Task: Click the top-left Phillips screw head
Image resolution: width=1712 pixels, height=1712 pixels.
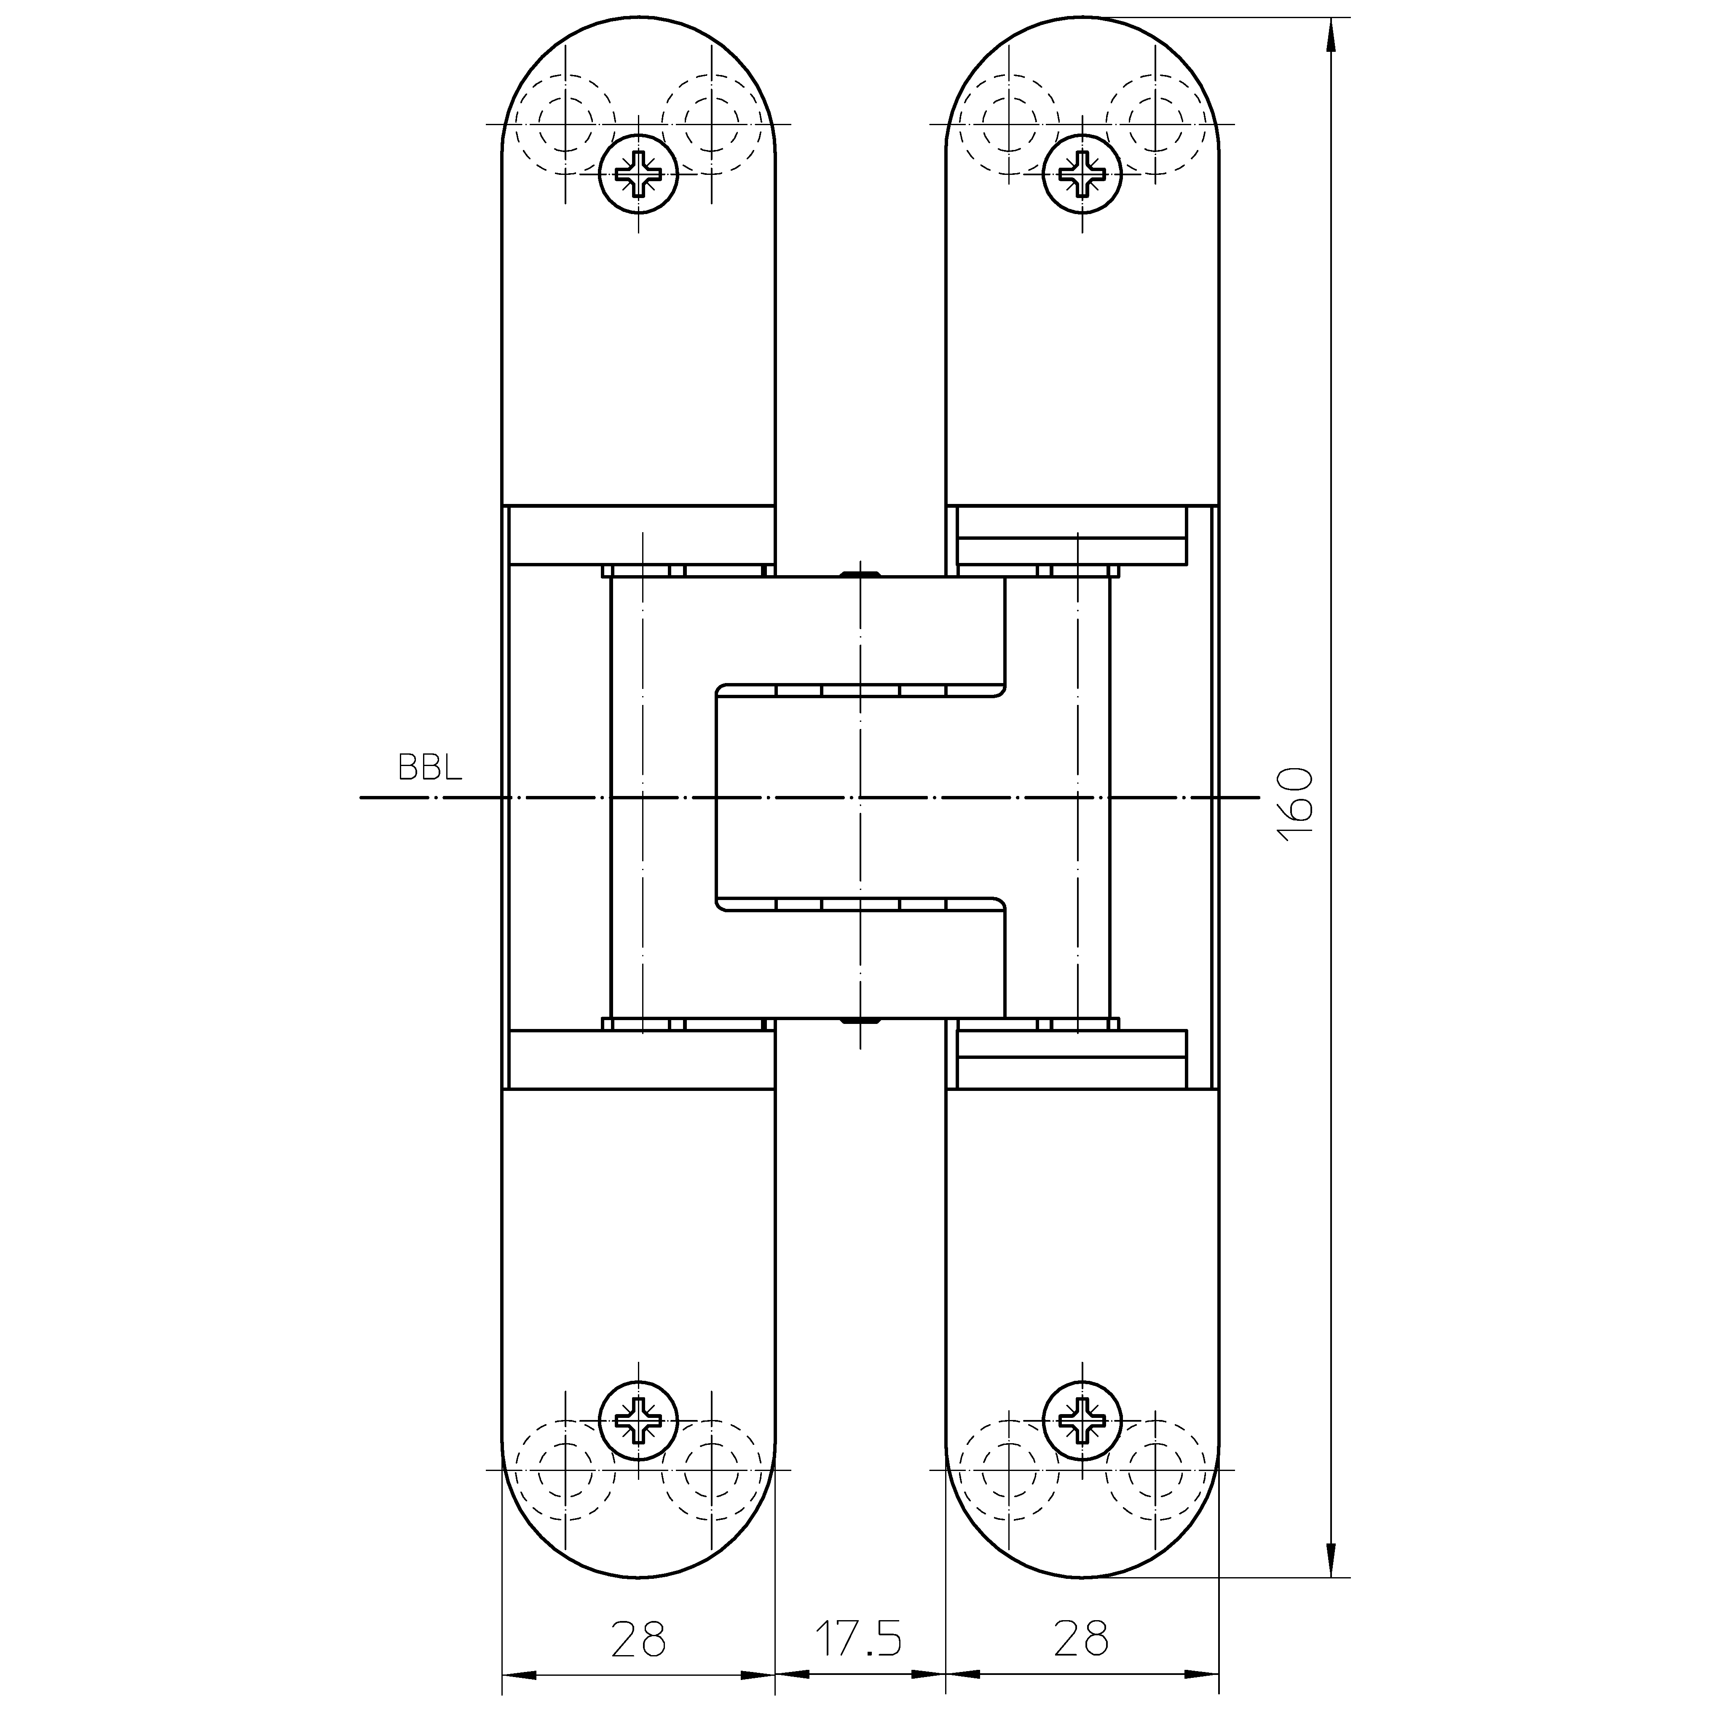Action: (638, 174)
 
